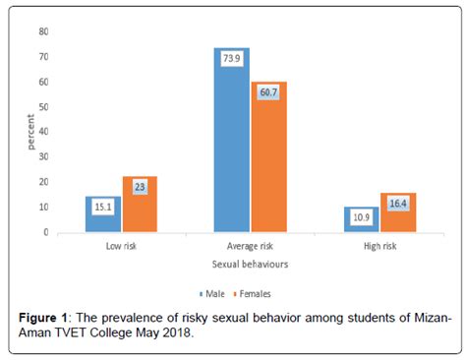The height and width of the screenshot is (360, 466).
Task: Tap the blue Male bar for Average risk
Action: pyautogui.click(x=232, y=148)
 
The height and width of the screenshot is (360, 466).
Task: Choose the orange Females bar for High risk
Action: pyautogui.click(x=397, y=218)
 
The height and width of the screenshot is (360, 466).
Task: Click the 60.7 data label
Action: pyautogui.click(x=267, y=93)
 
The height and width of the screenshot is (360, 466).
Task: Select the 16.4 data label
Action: pyautogui.click(x=397, y=204)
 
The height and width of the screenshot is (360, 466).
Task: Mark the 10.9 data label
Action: pyautogui.click(x=362, y=218)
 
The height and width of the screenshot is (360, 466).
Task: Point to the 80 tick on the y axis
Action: pyautogui.click(x=42, y=31)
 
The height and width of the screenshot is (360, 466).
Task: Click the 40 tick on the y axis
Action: pyautogui.click(x=42, y=132)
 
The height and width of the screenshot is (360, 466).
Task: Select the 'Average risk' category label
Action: pyautogui.click(x=249, y=247)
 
